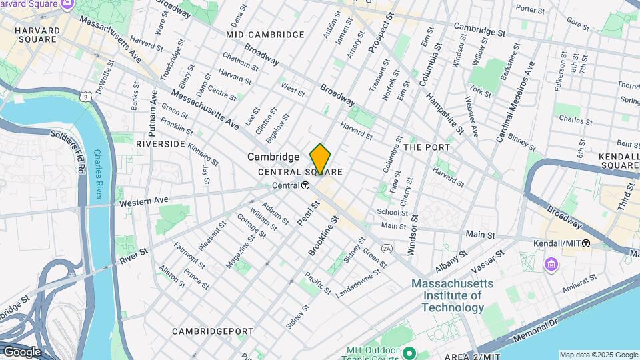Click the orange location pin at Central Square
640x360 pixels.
(320, 159)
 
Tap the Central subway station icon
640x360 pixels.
(305, 185)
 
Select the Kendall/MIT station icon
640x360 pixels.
(585, 243)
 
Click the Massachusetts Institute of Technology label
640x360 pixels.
(452, 295)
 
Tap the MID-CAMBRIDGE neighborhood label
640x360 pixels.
(265, 34)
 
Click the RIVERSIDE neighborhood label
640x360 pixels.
(160, 143)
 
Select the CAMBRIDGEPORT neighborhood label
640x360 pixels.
(212, 331)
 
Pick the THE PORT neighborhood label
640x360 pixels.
(427, 147)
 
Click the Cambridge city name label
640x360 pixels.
(273, 157)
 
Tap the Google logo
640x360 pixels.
(21, 352)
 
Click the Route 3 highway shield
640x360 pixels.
(86, 97)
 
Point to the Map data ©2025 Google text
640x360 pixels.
(598, 355)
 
